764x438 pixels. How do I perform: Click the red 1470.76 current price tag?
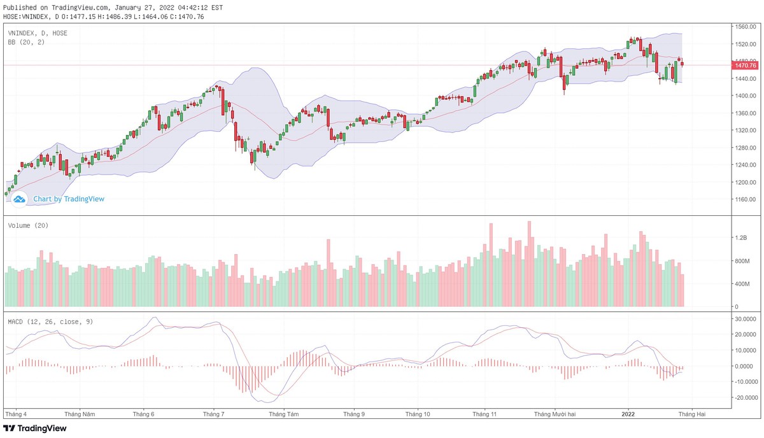tap(745, 66)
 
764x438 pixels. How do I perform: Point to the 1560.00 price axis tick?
tap(745, 27)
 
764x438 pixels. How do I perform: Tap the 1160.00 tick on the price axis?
tap(745, 199)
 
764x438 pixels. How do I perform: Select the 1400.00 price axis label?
tap(745, 96)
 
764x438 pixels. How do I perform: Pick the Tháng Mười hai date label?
tap(555, 414)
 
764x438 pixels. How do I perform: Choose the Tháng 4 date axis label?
tap(16, 414)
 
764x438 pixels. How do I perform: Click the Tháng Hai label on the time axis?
tap(692, 414)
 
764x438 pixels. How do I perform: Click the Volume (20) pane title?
tap(28, 225)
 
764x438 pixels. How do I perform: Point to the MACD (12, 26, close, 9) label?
tap(50, 321)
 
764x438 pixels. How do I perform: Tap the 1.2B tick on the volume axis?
tap(740, 237)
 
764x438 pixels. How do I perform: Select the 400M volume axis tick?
tap(742, 284)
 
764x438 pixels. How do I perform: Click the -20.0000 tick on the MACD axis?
tap(744, 397)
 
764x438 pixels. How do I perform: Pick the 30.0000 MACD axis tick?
tap(744, 319)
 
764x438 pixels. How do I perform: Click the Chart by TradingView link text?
tap(69, 199)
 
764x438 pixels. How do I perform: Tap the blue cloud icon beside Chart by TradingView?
tap(19, 199)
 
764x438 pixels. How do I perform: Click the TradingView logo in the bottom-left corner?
tap(35, 428)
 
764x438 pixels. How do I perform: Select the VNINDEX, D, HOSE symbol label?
tap(38, 32)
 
